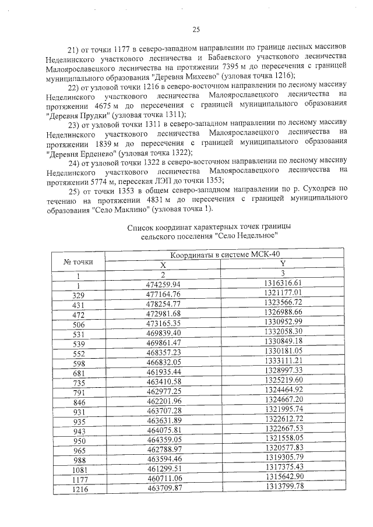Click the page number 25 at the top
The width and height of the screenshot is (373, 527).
(196, 30)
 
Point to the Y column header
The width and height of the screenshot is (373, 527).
(282, 265)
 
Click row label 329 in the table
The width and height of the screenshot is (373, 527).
(78, 295)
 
